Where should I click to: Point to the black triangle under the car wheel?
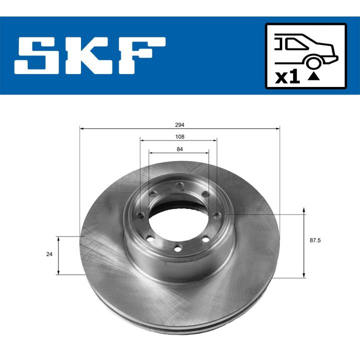coord(313,76)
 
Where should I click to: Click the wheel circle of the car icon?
coord(313,62)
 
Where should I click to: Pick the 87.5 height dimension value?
coord(315,240)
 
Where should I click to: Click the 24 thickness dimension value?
coord(49,254)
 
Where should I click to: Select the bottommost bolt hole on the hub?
coord(177,248)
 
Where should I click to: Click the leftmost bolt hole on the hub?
coord(141,215)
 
